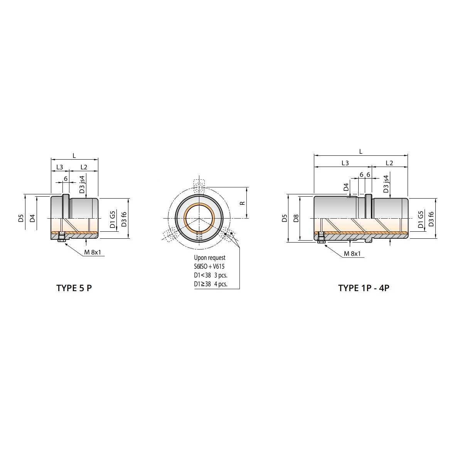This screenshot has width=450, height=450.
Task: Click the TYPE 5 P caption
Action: pyautogui.click(x=74, y=288)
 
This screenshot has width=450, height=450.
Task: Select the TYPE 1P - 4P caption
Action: pyautogui.click(x=364, y=288)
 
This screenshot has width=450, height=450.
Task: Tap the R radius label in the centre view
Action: pyautogui.click(x=243, y=202)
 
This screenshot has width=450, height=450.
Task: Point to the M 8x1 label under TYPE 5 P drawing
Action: pyautogui.click(x=93, y=252)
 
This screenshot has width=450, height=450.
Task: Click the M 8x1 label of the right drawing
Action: pyautogui.click(x=352, y=253)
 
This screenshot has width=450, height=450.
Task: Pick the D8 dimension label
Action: pyautogui.click(x=297, y=218)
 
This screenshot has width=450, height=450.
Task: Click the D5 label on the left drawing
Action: pyautogui.click(x=21, y=218)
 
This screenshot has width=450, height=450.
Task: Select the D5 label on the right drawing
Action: pyautogui.click(x=285, y=218)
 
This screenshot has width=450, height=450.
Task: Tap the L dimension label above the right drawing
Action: pyautogui.click(x=361, y=152)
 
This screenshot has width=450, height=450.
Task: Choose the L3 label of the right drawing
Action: pyautogui.click(x=345, y=163)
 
